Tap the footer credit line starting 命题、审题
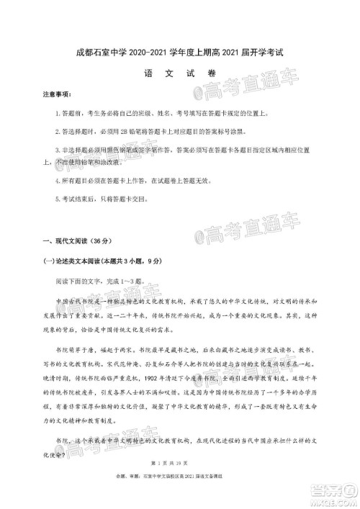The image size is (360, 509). (180, 496)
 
